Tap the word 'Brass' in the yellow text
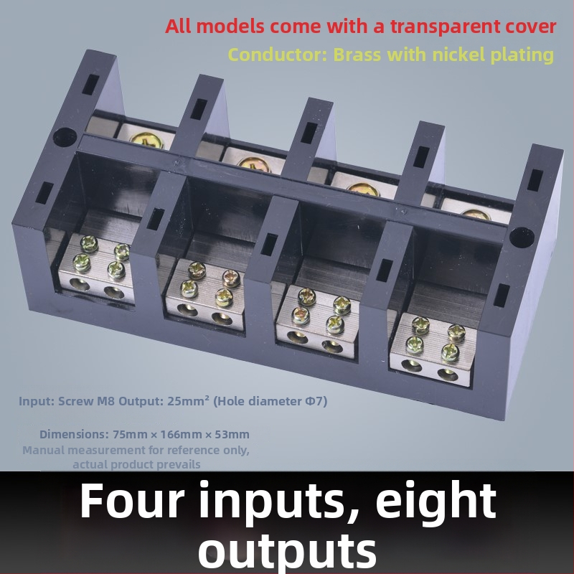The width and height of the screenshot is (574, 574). (357, 55)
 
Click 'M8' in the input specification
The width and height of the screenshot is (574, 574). (105, 401)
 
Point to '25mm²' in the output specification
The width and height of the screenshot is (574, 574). (188, 401)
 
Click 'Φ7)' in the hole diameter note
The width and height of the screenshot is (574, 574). (316, 401)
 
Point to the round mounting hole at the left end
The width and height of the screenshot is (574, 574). (65, 137)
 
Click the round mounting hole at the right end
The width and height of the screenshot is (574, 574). (522, 237)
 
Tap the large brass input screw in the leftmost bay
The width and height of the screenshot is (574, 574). (146, 140)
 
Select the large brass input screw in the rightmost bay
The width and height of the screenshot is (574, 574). (475, 215)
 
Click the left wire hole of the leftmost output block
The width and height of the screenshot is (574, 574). (79, 284)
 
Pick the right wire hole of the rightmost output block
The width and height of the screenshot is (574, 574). (447, 374)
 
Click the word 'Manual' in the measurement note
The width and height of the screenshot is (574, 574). (41, 450)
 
